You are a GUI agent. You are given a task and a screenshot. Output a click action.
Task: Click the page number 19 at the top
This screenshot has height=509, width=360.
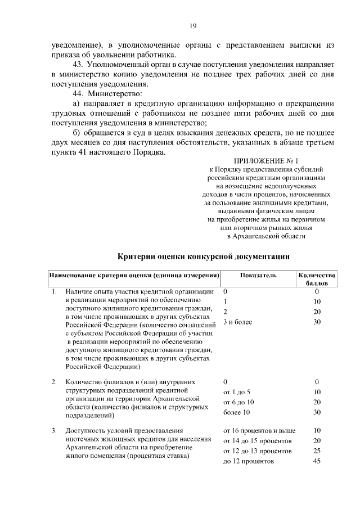192,25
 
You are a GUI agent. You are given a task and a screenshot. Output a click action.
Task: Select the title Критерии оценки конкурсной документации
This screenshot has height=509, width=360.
204,256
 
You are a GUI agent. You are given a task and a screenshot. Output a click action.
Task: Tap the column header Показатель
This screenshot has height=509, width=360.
258,276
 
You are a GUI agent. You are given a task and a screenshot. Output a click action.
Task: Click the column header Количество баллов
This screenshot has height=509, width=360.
317,280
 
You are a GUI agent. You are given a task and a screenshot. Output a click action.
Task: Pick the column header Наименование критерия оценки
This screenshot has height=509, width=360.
134,276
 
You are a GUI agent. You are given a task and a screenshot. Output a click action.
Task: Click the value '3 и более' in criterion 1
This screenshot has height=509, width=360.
237,322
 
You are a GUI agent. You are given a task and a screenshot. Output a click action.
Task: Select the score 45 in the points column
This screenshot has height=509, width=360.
317,462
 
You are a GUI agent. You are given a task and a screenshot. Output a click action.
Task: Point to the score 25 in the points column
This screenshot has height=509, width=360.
317,451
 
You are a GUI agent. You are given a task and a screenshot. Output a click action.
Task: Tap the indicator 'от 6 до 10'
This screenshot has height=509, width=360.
238,402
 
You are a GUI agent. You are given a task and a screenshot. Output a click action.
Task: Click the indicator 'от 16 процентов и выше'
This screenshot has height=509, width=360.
259,431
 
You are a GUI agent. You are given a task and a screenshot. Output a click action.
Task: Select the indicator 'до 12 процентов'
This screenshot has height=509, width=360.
248,462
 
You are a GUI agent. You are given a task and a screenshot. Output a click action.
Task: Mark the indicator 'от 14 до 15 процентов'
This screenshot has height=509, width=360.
257,441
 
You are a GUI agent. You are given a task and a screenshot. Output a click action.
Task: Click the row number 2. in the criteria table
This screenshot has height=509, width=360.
54,382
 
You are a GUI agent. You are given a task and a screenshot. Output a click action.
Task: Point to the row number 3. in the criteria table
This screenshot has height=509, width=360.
54,431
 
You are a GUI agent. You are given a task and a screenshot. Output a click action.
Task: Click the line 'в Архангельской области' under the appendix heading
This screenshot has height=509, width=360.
266,237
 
